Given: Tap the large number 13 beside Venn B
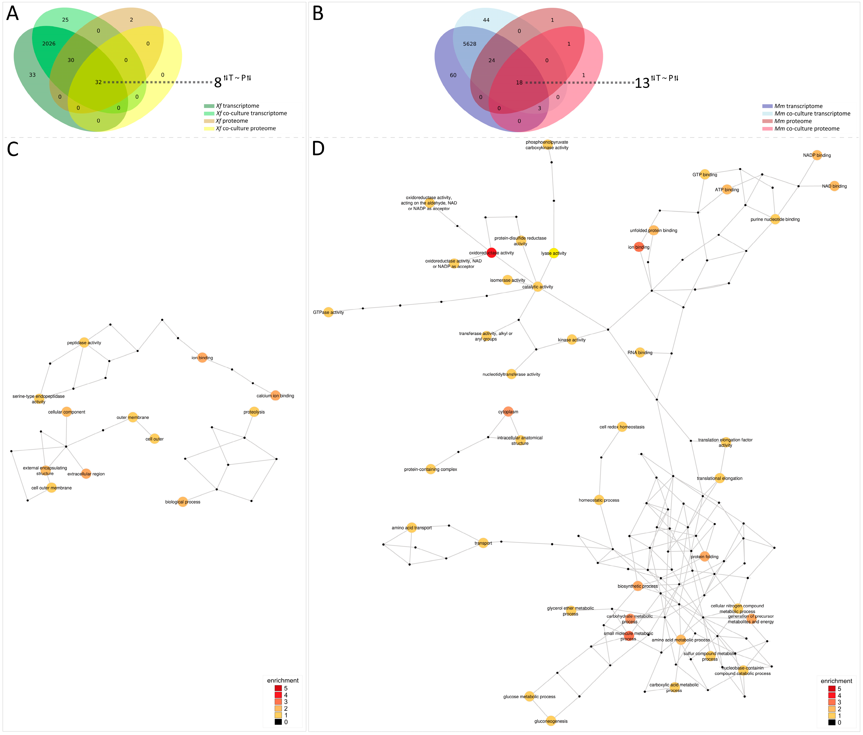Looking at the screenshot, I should point(642,83).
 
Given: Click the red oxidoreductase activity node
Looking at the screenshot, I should point(491,253).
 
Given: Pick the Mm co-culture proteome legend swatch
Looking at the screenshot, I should point(767,129).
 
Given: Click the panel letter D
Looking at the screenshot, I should point(318,149).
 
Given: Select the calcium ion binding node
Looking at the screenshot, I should point(275,396).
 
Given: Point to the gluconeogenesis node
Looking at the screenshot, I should point(551,721).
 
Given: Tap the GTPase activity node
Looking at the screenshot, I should point(328,312).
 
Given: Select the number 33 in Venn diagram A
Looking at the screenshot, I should point(32,75).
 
